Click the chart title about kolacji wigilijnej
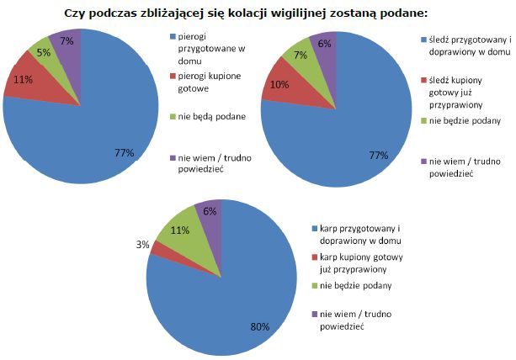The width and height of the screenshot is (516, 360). [257, 14]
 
